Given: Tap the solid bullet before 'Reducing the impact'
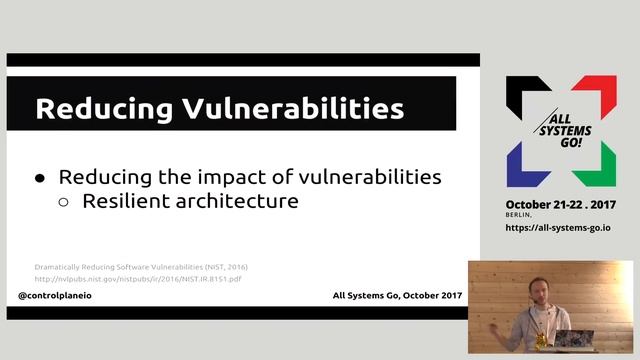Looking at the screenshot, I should pos(41,178).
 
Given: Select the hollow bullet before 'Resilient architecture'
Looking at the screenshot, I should pos(64,202).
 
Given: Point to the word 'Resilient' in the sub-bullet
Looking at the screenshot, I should pos(127,201).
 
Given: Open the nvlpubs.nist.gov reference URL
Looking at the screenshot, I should pos(138,278).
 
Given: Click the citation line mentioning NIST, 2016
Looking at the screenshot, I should pos(141,267).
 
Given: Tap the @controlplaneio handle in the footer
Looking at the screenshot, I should pos(63,297).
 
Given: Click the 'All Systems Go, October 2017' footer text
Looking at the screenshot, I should pos(398,297).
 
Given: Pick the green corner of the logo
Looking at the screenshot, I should pos(594,166).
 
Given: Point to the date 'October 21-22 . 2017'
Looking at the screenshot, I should pos(559,203).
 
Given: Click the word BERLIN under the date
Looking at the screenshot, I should pos(519,214).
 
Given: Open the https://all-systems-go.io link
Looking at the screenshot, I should pos(558,227).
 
